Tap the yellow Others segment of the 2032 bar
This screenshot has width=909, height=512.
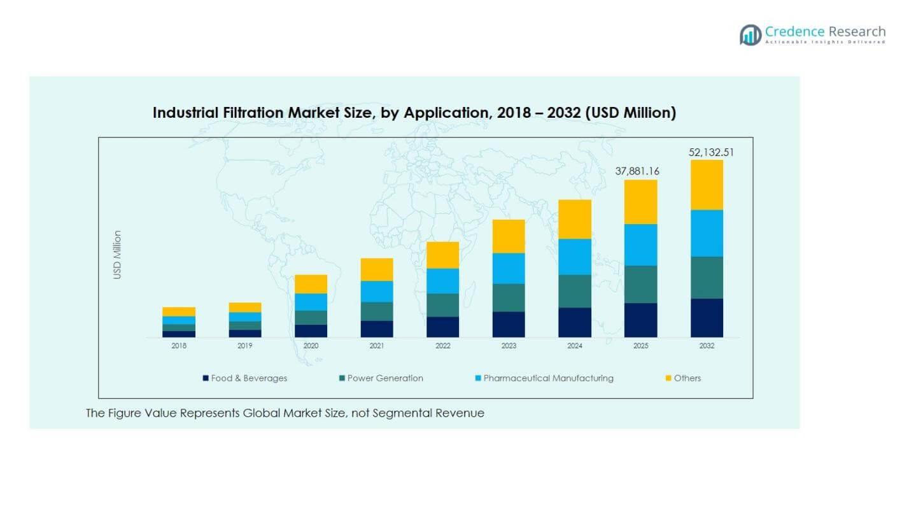click(707, 185)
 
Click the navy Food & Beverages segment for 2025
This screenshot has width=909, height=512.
click(640, 320)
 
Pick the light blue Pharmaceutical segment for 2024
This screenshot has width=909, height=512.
click(574, 257)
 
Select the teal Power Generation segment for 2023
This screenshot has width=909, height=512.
click(508, 297)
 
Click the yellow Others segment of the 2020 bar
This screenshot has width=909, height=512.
click(311, 284)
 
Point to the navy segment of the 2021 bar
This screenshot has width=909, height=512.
click(376, 329)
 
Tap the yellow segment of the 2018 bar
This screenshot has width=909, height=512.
click(179, 311)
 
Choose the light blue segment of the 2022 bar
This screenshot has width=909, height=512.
click(442, 281)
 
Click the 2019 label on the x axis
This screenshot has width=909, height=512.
click(245, 346)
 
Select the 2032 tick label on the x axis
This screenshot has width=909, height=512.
click(707, 346)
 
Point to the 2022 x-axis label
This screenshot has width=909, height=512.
click(442, 346)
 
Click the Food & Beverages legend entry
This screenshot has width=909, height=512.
click(245, 378)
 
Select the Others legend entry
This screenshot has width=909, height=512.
click(683, 378)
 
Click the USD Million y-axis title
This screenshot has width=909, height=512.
click(117, 255)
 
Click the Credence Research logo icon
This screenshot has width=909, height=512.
click(750, 34)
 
